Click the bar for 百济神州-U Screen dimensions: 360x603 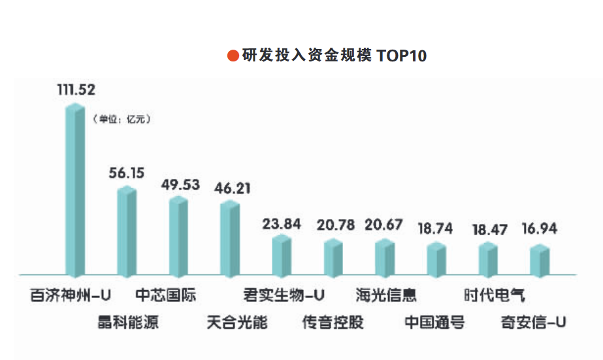click(75, 189)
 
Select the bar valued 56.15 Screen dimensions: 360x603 click(127, 231)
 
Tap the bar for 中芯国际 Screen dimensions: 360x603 click(178, 235)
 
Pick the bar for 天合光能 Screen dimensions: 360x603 click(230, 238)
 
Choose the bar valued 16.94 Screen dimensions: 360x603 click(540, 259)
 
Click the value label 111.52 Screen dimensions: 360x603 click(76, 90)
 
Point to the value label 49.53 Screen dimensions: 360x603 click(180, 185)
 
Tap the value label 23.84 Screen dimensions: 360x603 click(282, 224)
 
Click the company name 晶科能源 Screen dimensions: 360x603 click(127, 322)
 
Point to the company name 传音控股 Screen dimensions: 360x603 click(333, 322)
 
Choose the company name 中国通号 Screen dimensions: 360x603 click(434, 322)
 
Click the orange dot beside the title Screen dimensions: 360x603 click(233, 56)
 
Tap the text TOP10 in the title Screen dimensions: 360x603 click(401, 56)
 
